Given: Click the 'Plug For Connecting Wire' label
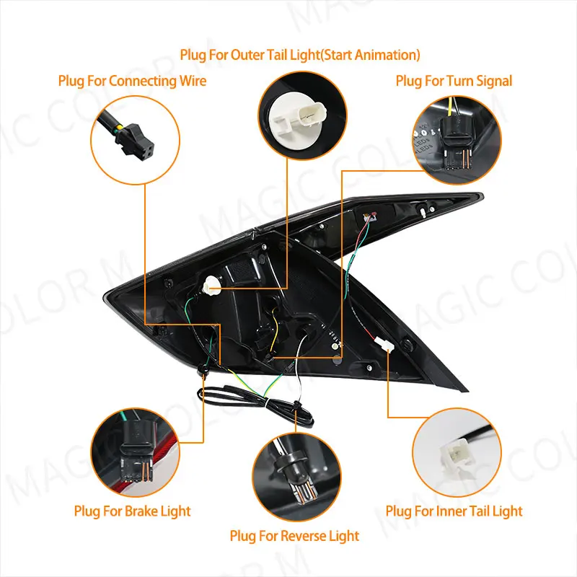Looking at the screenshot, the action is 132,81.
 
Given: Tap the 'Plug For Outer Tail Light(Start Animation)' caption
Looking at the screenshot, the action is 299,55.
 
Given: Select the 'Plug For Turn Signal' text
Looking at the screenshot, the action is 454,81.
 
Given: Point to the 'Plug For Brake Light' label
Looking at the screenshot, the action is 132,511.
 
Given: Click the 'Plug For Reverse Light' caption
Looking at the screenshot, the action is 294,536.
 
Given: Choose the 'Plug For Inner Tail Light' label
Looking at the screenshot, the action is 454,511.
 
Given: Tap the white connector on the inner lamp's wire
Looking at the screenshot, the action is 384,345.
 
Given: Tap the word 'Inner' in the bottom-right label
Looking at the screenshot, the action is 454,511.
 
